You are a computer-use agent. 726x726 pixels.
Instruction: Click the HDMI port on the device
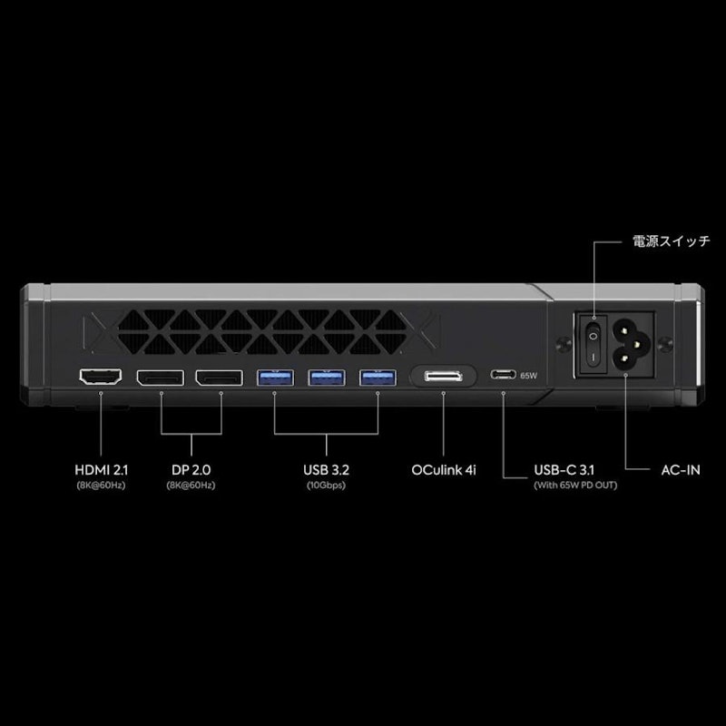tap(101, 377)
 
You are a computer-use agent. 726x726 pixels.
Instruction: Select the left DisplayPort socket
tap(161, 378)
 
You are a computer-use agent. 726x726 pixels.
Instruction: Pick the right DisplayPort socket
tap(219, 378)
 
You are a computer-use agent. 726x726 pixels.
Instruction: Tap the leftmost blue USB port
tap(275, 378)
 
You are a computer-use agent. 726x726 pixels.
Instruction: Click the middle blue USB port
tap(327, 378)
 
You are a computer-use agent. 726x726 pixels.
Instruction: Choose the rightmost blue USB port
tap(378, 378)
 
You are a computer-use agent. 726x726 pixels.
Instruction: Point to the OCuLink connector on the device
tap(443, 376)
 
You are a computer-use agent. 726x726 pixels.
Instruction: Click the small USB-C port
tap(504, 374)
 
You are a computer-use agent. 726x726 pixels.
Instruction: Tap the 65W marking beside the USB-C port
tap(528, 376)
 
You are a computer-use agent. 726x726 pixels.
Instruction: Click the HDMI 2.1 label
tap(101, 470)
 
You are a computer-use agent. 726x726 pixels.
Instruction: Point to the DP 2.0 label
tap(191, 470)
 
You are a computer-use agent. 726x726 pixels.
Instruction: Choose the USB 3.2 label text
tap(326, 470)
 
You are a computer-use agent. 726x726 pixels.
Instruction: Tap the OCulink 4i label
tap(444, 470)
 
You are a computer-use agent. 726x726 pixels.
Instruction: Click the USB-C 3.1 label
tap(564, 470)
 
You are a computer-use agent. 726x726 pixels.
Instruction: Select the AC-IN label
tap(681, 470)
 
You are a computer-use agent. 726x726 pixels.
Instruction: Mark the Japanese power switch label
tap(672, 241)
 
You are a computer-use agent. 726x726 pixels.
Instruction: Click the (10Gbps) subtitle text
tap(326, 486)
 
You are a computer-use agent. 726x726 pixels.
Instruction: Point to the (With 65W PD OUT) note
tap(575, 486)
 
